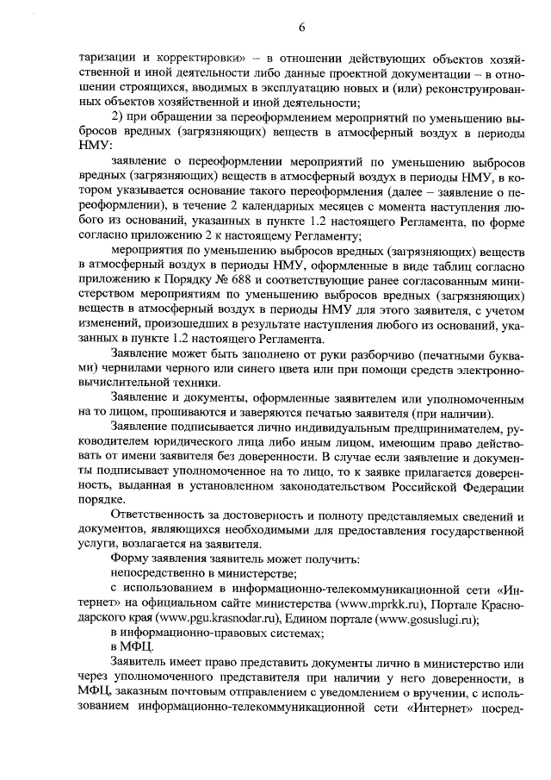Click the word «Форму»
[x=131, y=557]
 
